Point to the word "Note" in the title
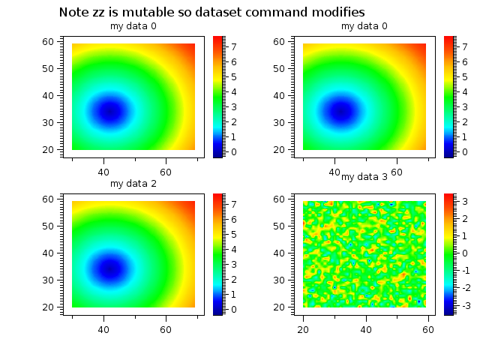pyautogui.click(x=73, y=13)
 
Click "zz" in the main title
pyautogui.click(x=99, y=13)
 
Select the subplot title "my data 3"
pyautogui.click(x=364, y=177)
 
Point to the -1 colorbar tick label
pyautogui.click(x=464, y=270)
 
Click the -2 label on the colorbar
pyautogui.click(x=464, y=288)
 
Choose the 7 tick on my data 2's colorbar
pyautogui.click(x=234, y=204)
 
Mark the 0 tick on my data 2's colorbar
pyautogui.click(x=234, y=309)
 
